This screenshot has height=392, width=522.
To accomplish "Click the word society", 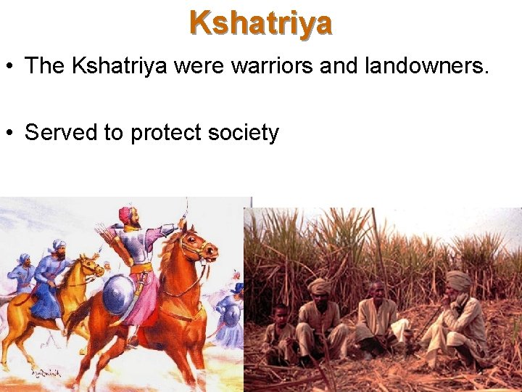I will click(244, 134).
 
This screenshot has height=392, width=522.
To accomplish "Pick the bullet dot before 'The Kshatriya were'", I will click(10, 67).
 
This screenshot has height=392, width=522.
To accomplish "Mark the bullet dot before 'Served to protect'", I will click(10, 134).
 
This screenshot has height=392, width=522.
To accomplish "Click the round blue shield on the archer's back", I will click(118, 295).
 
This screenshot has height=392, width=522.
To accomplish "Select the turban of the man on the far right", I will click(458, 279).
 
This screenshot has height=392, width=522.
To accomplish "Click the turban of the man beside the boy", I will click(320, 285).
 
